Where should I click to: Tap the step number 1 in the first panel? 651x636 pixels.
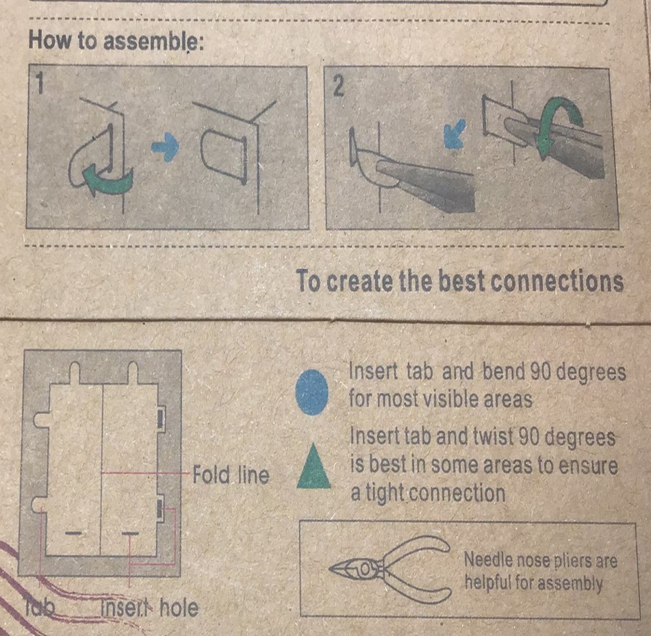point(40,83)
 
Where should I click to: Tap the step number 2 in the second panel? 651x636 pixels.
point(338,87)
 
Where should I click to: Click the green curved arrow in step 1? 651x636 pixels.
point(109,179)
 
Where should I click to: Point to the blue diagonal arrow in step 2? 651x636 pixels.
point(455,133)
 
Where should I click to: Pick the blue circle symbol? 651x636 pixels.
point(311,392)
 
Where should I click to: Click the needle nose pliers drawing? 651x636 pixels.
point(390,568)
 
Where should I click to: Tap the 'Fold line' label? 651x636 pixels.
point(231,474)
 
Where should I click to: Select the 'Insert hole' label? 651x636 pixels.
point(149,608)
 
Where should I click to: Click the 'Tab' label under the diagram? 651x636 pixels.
point(40,608)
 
